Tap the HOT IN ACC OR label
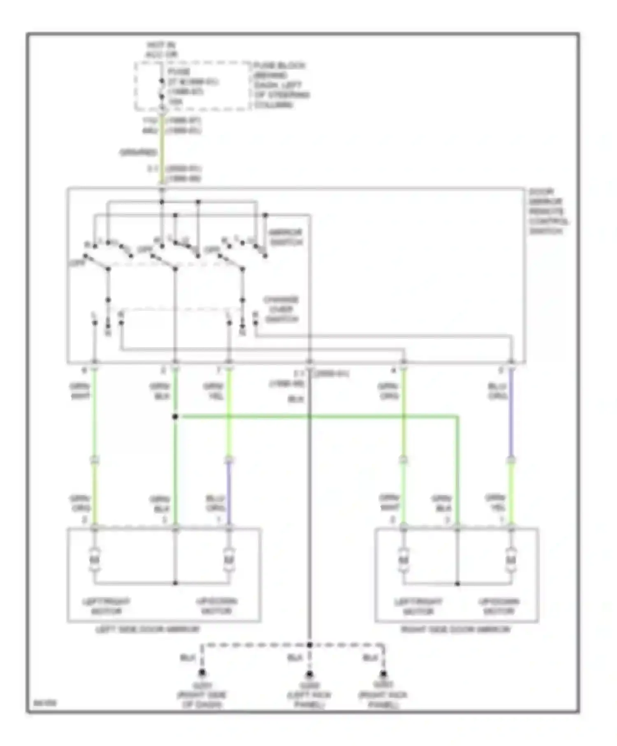[x=162, y=49]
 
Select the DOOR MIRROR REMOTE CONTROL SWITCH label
[x=549, y=211]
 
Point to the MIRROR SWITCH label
[x=285, y=237]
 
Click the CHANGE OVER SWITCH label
[x=281, y=309]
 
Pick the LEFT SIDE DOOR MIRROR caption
[x=148, y=629]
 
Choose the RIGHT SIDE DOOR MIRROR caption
[x=455, y=629]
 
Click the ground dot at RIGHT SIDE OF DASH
[x=202, y=673]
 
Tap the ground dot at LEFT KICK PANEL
[x=309, y=674]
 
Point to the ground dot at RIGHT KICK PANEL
[x=383, y=673]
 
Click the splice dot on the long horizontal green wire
[x=175, y=417]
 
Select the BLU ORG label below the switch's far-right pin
[x=497, y=391]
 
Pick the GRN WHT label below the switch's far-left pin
[x=80, y=391]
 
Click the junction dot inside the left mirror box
[x=175, y=583]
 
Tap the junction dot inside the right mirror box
[x=457, y=584]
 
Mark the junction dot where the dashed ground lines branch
[x=309, y=645]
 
